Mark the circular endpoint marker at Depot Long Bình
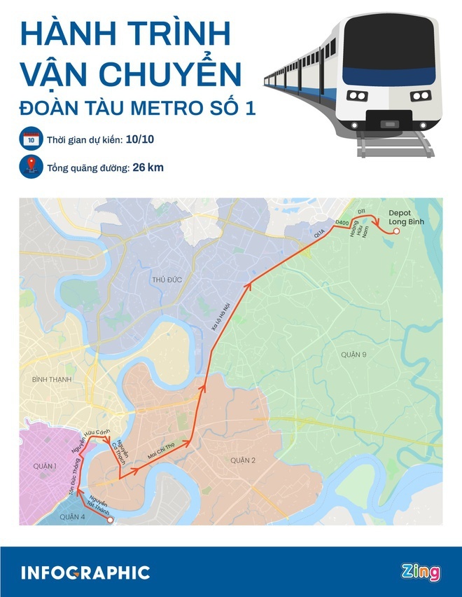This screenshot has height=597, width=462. coord(395,230)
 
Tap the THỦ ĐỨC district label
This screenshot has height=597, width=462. coord(167,280)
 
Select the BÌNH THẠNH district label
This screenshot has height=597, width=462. coord(52,379)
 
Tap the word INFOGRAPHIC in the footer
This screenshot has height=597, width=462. coord(85,572)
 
